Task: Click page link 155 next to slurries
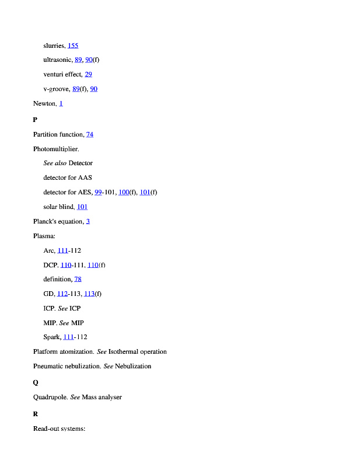coord(73,46)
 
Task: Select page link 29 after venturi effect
coord(88,75)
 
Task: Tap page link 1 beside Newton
coord(61,103)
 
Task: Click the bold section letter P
coord(35,120)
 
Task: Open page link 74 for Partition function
coord(90,135)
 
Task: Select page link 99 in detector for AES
coord(98,193)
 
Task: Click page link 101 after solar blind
coord(82,207)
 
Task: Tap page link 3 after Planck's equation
coord(88,222)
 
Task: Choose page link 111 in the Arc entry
coord(62,251)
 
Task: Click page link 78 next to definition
coord(78,280)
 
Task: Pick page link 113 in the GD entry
coord(89,294)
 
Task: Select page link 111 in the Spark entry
coord(68,337)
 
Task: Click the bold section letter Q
coord(36,382)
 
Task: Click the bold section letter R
coord(36,414)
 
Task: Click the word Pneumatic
coord(48,367)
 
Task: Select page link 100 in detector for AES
coord(123,193)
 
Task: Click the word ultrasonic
coord(57,60)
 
